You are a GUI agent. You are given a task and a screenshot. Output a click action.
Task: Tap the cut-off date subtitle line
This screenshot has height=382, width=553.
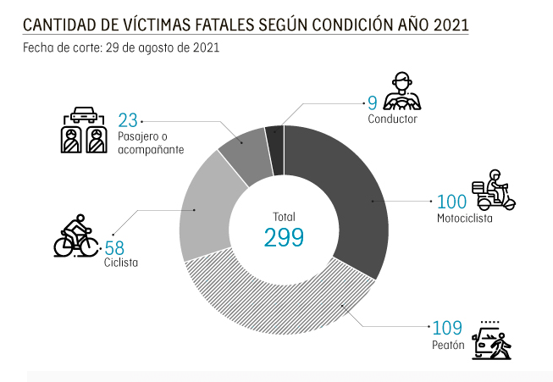coord(122,47)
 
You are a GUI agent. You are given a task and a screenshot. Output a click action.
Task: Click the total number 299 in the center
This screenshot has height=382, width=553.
coord(284,237)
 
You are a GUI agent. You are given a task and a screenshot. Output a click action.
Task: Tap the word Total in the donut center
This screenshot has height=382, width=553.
coord(285,216)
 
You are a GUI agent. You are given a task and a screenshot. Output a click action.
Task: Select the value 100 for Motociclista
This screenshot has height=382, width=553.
coord(451,202)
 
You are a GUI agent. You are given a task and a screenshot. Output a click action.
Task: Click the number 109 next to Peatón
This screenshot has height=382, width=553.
coord(446,328)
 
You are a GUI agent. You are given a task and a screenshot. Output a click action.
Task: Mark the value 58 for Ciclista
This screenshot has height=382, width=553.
coord(114,248)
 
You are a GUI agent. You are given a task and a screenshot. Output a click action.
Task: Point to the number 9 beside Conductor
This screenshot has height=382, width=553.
coord(372,103)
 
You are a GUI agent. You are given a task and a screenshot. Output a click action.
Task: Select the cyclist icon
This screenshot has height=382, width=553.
coord(75,236)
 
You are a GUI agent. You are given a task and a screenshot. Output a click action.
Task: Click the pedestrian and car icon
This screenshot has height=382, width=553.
coord(493,340)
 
